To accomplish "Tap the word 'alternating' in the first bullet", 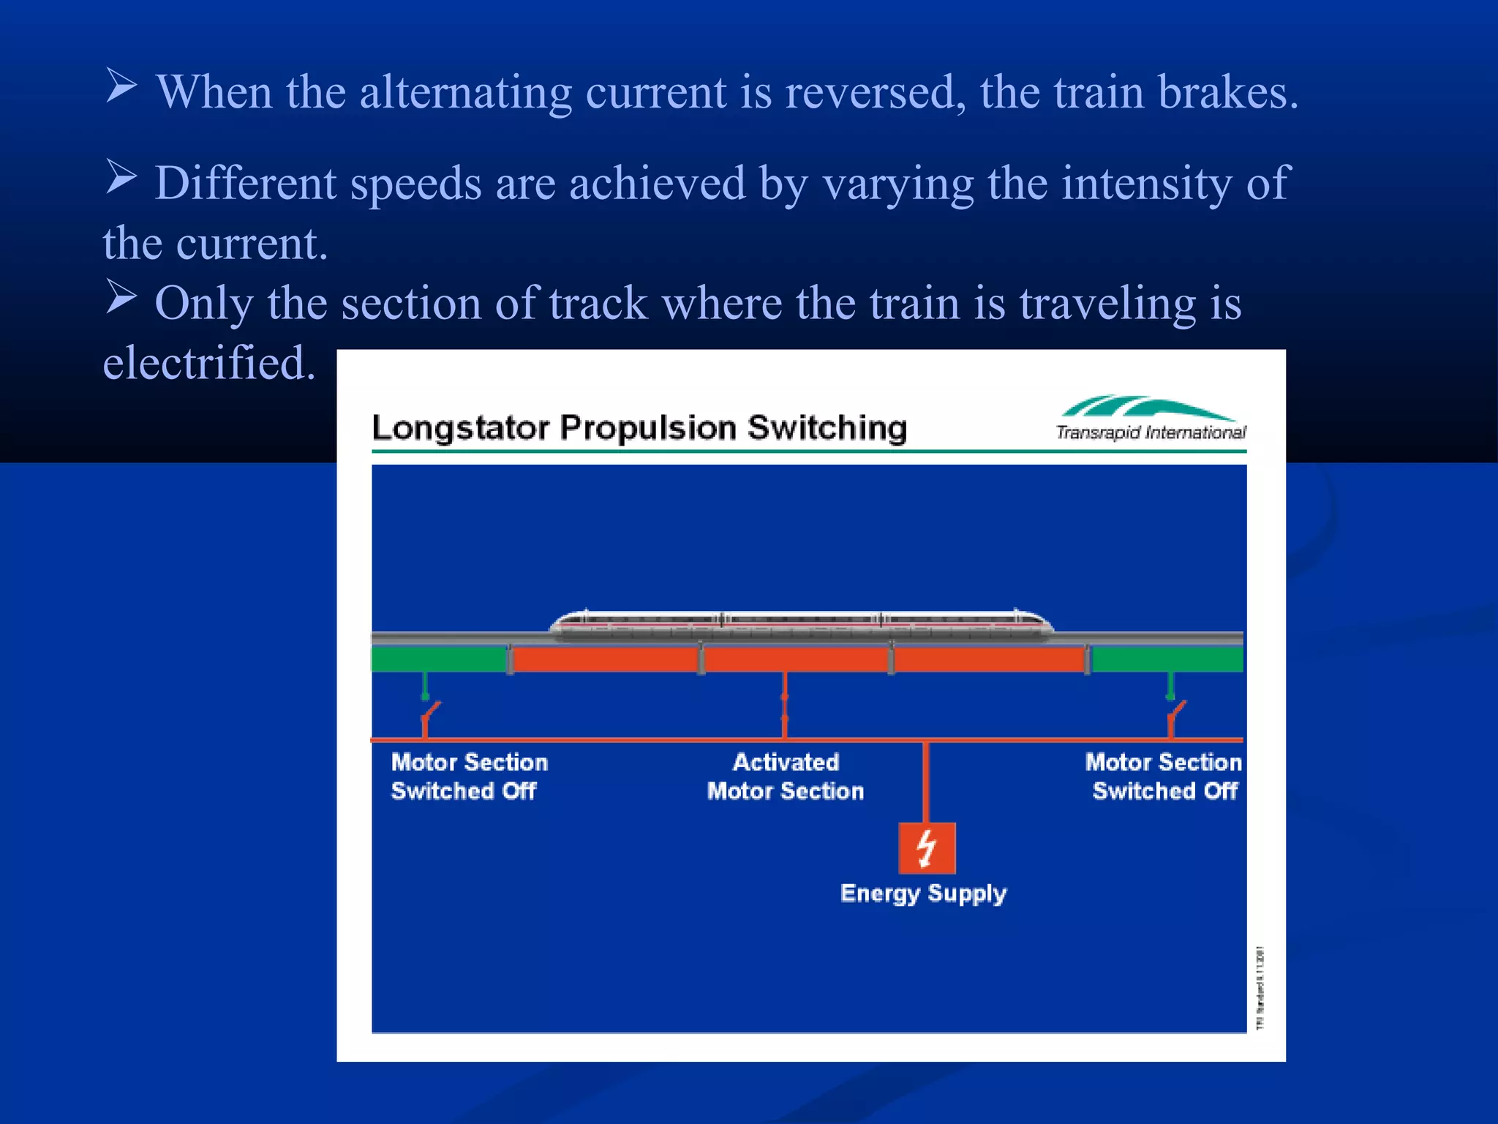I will click(465, 93).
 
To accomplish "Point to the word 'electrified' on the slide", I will click(209, 363).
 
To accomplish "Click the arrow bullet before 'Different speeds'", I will click(121, 177).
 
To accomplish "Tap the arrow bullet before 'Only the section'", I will click(121, 297).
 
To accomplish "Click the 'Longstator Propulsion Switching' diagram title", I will click(639, 427).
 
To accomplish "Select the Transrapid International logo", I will click(1151, 419).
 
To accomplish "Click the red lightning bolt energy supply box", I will click(927, 848).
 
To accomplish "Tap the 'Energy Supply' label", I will click(923, 893).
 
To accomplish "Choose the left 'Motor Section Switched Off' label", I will click(469, 776).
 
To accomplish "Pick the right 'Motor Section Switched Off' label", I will click(1163, 776).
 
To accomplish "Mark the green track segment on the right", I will click(1167, 659).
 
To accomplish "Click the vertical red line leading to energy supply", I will click(926, 782).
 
